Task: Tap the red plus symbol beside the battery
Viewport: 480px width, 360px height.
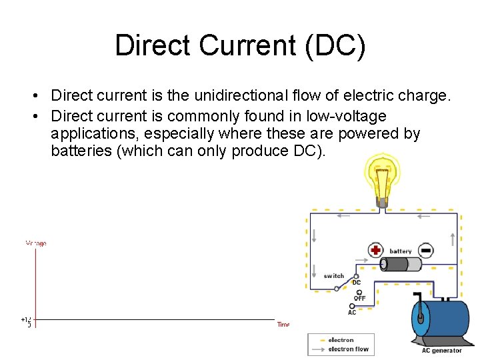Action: click(375, 250)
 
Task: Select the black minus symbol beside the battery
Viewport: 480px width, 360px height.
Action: click(426, 250)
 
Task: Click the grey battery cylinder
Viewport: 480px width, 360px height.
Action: click(401, 264)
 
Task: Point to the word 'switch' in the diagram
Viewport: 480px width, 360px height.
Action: click(334, 276)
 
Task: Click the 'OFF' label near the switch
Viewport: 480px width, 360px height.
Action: click(359, 298)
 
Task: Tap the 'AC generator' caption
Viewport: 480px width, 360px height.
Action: click(441, 351)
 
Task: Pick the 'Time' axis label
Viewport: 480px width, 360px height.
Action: click(283, 325)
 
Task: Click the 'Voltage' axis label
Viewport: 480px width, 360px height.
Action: click(36, 243)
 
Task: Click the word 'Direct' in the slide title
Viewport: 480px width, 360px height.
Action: click(154, 46)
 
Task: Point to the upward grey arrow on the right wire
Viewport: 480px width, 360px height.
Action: click(453, 238)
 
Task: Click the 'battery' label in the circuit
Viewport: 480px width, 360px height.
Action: click(401, 251)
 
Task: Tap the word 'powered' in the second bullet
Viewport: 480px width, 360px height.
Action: click(370, 133)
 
